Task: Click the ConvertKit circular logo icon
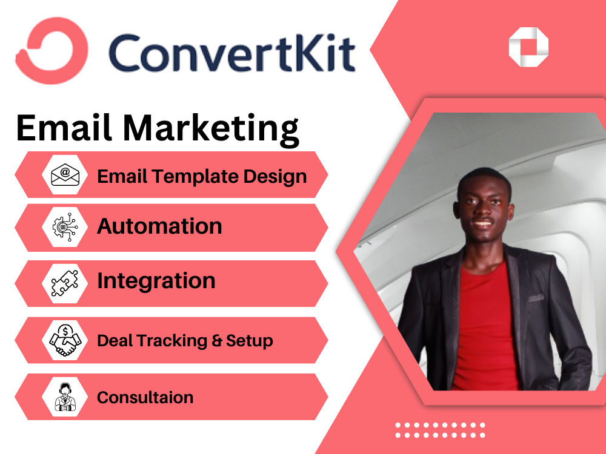tap(52, 50)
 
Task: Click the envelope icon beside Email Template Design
tap(65, 175)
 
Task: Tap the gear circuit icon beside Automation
tap(65, 227)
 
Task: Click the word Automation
tap(159, 226)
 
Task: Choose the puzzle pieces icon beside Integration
tap(65, 283)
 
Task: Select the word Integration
tap(156, 281)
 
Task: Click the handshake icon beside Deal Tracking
tap(65, 340)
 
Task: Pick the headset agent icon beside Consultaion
tap(65, 397)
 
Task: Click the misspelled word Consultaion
tap(145, 397)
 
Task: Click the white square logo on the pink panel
tap(528, 46)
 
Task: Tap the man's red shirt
tap(485, 327)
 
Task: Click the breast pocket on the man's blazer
tap(536, 297)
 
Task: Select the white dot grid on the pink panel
tap(440, 430)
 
